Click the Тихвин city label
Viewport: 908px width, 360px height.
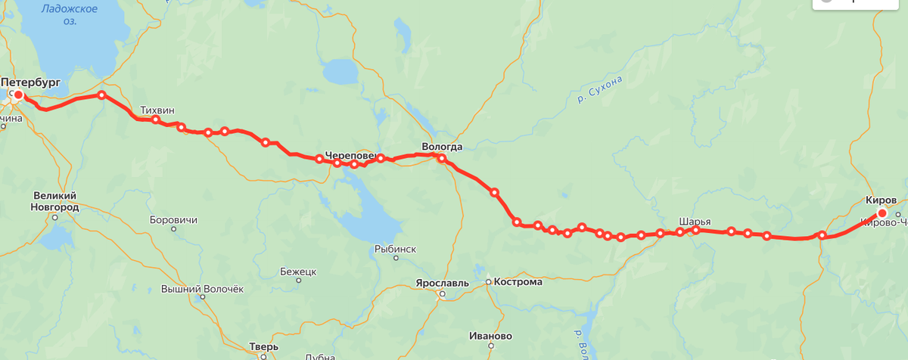point(157,110)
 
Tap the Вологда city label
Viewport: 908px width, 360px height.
point(442,147)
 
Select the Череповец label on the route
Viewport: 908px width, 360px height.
point(351,156)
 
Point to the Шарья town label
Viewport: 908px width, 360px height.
point(694,221)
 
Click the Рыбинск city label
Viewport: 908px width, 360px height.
point(395,249)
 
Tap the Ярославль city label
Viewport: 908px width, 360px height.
point(442,284)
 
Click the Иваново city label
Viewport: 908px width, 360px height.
point(490,336)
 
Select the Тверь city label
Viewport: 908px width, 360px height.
point(263,347)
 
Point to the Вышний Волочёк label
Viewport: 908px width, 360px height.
point(203,289)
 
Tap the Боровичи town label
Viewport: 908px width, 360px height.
point(174,220)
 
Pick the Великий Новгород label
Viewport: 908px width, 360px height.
point(54,200)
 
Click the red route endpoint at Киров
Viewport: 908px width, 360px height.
point(882,214)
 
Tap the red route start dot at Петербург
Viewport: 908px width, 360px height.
point(18,95)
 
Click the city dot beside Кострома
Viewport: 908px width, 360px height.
point(488,282)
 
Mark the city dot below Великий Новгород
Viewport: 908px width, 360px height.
point(55,217)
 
